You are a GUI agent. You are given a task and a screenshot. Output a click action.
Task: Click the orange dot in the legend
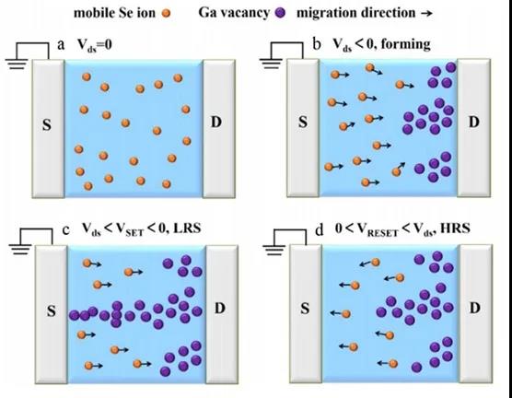[167, 14]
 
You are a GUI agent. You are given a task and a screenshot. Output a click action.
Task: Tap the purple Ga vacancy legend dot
[281, 13]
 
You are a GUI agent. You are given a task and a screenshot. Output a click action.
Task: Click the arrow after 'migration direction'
[426, 14]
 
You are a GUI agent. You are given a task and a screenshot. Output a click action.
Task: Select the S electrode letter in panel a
[47, 124]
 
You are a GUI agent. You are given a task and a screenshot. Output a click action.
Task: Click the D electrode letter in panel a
[215, 122]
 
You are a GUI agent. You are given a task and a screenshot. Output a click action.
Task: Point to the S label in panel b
[303, 122]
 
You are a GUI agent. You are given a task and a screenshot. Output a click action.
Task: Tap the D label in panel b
[474, 122]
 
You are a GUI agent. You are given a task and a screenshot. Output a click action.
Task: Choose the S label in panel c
[52, 311]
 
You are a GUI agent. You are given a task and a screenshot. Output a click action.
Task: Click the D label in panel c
[220, 308]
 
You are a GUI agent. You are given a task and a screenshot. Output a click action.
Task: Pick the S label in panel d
[305, 308]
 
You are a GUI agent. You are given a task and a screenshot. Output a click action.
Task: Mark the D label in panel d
[474, 308]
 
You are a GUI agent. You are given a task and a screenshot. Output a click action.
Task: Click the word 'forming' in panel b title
[405, 44]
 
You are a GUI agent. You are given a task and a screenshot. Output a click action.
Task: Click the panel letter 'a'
[61, 45]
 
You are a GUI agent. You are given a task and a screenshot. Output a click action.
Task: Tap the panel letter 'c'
[66, 230]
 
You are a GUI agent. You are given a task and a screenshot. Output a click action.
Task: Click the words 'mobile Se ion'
[114, 14]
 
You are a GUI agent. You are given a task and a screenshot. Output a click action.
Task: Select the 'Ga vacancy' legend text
[234, 13]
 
